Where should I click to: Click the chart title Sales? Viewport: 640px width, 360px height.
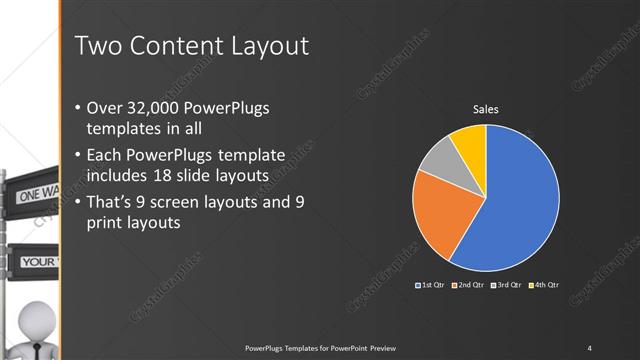[486, 109]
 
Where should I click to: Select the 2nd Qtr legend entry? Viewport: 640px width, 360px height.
[469, 285]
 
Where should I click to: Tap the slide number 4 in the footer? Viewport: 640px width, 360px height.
[589, 347]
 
